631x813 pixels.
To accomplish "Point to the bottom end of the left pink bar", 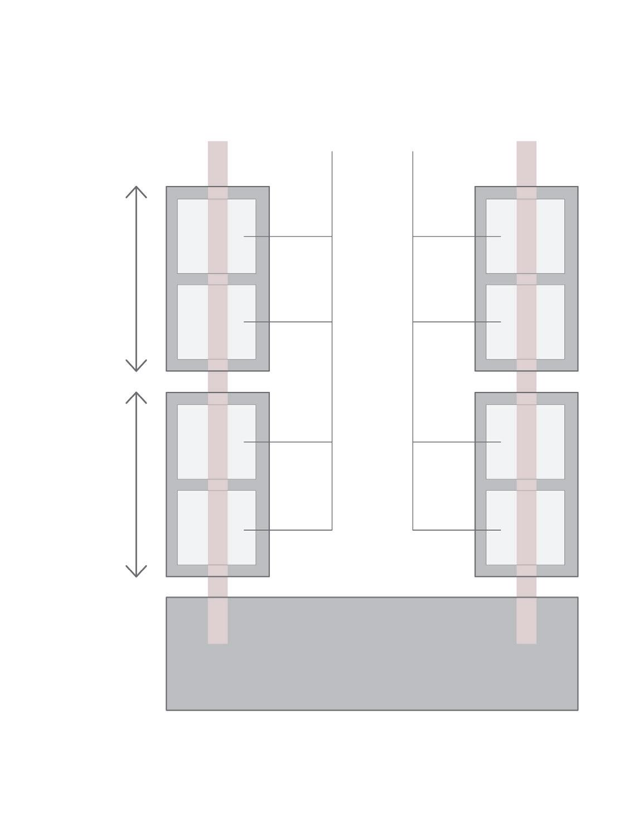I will [x=218, y=641].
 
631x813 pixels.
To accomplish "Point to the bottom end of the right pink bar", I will [x=526, y=641].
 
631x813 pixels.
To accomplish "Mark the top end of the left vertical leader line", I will [x=332, y=152].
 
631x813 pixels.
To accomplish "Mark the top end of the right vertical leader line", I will [x=412, y=152].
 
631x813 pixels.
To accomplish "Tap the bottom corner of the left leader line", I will [x=332, y=530].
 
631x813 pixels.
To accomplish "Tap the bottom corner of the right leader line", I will [x=412, y=530].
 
